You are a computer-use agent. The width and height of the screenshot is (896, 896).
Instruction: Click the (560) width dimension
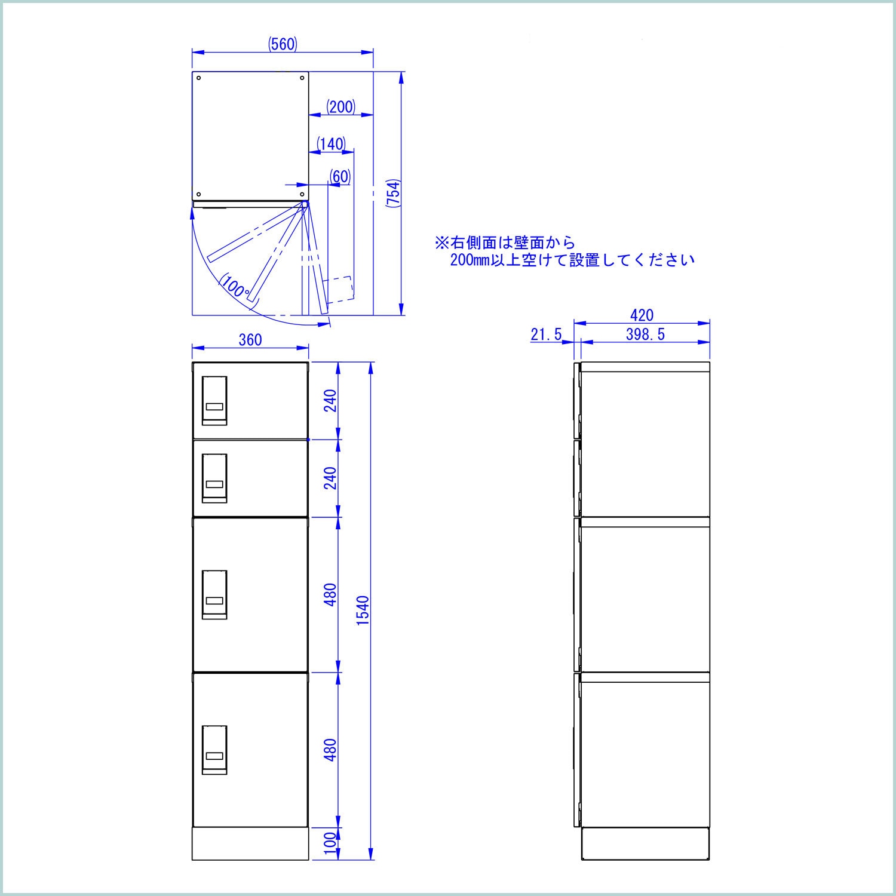tap(283, 44)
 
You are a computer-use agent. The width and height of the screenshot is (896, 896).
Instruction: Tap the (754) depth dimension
tap(392, 192)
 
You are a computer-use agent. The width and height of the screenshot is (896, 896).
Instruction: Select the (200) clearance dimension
tap(341, 107)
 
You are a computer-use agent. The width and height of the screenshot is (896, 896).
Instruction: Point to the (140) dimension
tap(331, 144)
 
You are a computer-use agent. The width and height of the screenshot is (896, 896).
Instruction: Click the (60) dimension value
tap(339, 176)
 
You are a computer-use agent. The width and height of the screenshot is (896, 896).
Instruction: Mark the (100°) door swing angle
tap(235, 287)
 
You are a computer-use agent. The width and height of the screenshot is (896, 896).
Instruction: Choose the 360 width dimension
tap(250, 339)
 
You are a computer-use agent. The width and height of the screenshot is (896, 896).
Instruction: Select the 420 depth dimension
tap(642, 315)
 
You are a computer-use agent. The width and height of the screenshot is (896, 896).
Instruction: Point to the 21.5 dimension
tap(546, 335)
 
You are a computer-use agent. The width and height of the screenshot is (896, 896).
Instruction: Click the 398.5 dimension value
tap(645, 335)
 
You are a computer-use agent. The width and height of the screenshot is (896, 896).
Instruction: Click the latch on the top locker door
tap(214, 400)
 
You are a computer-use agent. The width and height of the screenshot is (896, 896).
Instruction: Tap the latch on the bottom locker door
tap(214, 750)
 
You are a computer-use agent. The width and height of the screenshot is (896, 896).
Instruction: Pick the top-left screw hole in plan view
tap(199, 78)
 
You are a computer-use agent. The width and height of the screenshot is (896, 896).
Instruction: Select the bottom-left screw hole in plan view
tap(199, 194)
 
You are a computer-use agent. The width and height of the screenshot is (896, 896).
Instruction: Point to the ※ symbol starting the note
tap(441, 243)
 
